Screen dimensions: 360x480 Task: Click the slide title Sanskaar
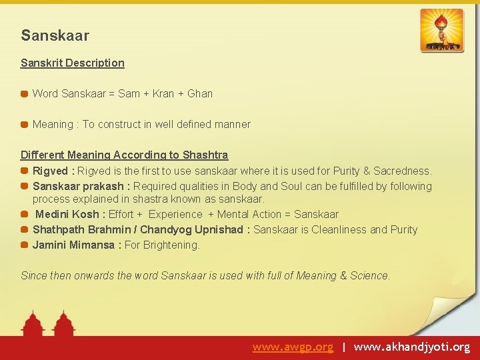55,35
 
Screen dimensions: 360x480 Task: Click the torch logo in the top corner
442,31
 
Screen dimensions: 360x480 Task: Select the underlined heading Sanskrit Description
72,63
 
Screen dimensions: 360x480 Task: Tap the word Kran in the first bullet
163,93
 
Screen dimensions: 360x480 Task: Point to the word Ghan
200,93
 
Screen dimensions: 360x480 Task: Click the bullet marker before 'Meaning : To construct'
25,125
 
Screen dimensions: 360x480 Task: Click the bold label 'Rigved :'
54,171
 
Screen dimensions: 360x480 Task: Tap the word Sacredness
402,171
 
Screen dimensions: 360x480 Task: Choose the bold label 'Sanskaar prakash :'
81,187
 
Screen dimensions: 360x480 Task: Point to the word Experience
175,215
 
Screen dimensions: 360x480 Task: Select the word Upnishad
219,230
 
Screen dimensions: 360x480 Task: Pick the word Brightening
173,245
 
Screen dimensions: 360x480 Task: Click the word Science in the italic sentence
369,275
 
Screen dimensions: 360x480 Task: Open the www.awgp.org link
293,347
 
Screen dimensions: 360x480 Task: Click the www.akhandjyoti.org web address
411,347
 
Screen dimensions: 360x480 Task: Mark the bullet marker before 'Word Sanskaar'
25,94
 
